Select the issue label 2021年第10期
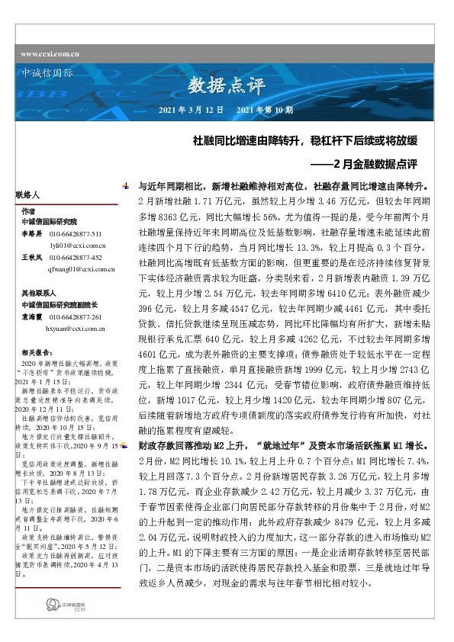(x=265, y=111)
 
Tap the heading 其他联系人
(x=37, y=292)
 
